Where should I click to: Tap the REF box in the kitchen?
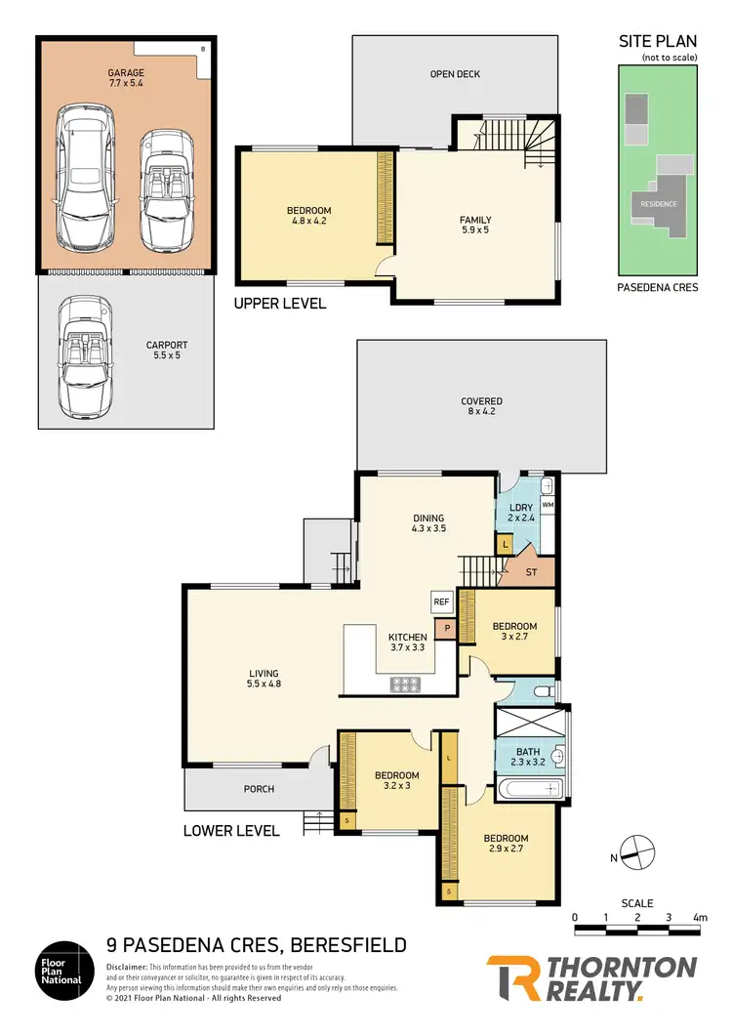(440, 602)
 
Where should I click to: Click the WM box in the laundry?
(547, 505)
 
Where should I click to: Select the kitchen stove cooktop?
(405, 684)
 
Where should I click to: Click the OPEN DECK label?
(456, 74)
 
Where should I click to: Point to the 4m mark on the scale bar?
(699, 917)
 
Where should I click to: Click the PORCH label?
(259, 789)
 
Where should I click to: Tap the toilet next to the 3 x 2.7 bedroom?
(544, 690)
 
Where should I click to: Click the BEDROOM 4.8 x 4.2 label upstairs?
(308, 216)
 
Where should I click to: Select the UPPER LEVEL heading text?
(279, 304)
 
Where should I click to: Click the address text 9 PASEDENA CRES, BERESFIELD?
(257, 945)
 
